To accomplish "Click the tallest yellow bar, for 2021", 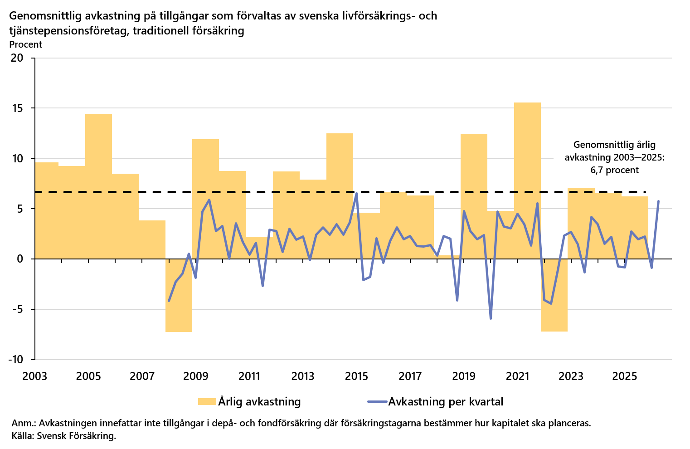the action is (x=527, y=181).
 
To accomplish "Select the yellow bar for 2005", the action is (x=98, y=186).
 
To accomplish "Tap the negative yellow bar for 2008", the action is (x=179, y=295).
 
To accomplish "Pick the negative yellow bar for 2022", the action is (x=554, y=295).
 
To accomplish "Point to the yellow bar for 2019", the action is (x=474, y=196).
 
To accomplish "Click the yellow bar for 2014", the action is (x=340, y=196).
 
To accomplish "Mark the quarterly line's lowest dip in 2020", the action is (x=491, y=319).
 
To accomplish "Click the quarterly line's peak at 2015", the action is (x=356, y=193).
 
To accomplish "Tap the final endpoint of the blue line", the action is (x=658, y=201).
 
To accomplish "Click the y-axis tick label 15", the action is (x=17, y=108).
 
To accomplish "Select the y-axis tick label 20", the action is (x=17, y=58).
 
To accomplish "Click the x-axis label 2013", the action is (x=303, y=376).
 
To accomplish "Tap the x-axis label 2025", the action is (x=624, y=376).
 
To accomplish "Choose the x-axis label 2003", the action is (x=35, y=376).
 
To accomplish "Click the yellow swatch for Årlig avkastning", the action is (x=207, y=401).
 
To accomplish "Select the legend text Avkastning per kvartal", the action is (x=446, y=401).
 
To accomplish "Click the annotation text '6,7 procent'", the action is (x=615, y=170).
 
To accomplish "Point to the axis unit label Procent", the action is (x=25, y=44).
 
